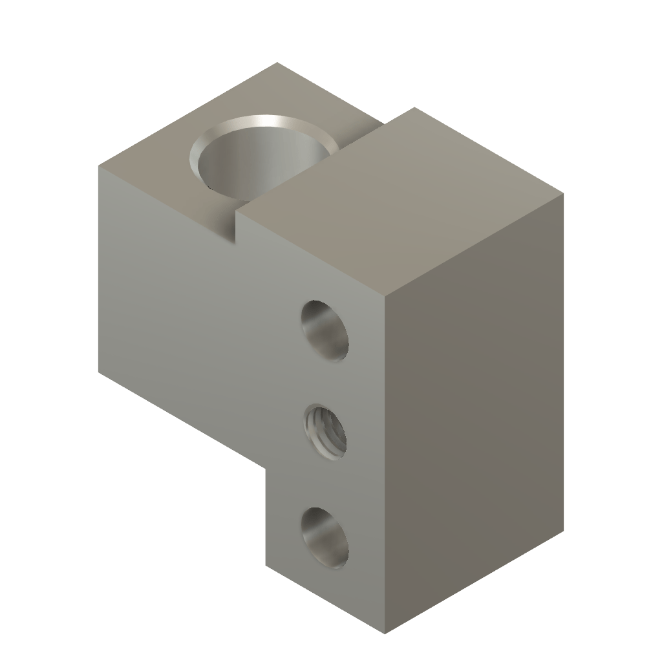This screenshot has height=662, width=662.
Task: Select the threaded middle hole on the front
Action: tap(325, 432)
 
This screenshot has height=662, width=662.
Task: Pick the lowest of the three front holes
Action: tap(325, 538)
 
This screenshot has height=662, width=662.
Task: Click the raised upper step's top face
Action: tap(401, 200)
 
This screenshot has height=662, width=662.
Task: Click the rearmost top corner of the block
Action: tap(278, 63)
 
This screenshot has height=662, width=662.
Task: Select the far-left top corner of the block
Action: tap(98, 167)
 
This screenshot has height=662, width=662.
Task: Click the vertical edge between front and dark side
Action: tap(387, 465)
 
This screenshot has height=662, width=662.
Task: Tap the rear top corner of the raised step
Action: tap(412, 108)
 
